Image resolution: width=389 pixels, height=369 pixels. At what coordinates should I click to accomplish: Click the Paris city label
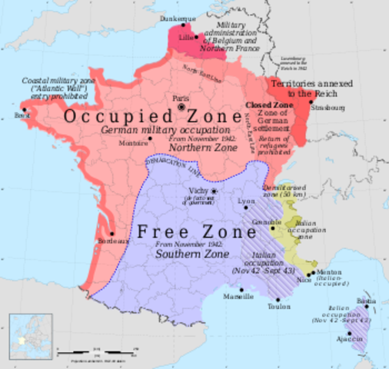coord(181,98)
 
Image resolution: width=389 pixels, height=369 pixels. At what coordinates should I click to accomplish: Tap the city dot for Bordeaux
coord(113,232)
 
